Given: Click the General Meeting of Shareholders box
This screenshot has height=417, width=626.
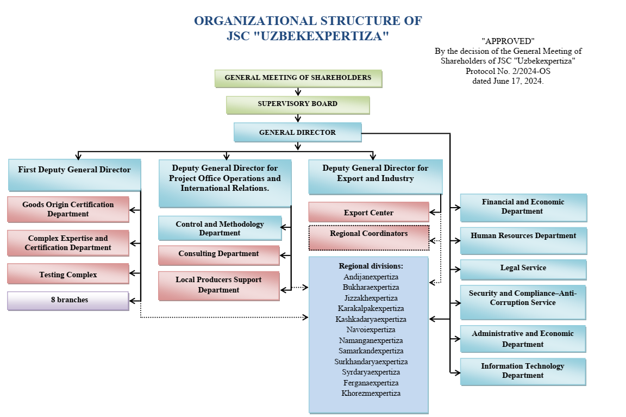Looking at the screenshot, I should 298,78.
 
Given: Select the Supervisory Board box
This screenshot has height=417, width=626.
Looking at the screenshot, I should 298,104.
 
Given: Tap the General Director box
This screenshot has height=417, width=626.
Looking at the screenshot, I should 297,132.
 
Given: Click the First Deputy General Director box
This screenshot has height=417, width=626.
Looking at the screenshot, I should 74,170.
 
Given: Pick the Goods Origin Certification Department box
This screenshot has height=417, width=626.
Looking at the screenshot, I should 68,209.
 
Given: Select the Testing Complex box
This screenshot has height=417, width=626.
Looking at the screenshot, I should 68,275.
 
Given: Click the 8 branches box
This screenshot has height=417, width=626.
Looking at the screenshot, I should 68,300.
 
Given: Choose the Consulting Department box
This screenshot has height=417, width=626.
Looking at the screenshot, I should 218,254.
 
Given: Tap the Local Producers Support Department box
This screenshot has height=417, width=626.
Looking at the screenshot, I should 218,285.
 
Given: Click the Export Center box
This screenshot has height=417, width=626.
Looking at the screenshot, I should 368,213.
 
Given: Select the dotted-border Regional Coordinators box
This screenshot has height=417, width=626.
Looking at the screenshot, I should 368,237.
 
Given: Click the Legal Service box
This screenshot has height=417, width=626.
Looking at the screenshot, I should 523,269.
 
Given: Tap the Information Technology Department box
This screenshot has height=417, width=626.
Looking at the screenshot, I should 523,371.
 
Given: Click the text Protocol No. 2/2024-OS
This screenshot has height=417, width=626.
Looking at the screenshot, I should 508,71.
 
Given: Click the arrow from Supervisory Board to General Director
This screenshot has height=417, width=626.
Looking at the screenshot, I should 298,118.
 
